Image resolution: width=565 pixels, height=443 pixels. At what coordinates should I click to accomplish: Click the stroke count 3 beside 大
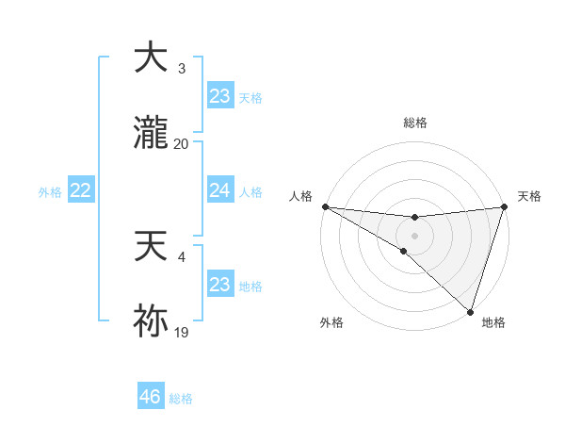coord(181,69)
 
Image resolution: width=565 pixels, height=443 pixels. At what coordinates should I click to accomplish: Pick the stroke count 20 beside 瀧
coord(181,144)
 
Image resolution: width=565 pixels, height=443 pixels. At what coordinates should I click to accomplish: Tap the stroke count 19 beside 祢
coord(181,333)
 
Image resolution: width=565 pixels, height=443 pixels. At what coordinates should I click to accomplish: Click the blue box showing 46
coord(151,397)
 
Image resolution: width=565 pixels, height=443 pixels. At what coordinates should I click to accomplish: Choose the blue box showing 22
coord(81,190)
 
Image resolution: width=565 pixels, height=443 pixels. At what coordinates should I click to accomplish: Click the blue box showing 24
coord(219,190)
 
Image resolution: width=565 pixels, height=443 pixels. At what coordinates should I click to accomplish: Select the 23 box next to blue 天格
coord(219,96)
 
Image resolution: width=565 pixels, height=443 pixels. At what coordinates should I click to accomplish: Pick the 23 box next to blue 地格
coord(219,285)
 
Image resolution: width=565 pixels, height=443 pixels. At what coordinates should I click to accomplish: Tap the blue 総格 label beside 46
coord(181,399)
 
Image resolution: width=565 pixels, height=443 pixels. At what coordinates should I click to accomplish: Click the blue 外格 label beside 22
coord(50,192)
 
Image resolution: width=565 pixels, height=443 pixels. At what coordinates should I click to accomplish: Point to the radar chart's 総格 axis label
coord(415,123)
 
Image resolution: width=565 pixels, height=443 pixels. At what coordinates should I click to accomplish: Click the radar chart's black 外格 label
coord(331,322)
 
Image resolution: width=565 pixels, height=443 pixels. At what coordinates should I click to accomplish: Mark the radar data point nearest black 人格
coord(325,206)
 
